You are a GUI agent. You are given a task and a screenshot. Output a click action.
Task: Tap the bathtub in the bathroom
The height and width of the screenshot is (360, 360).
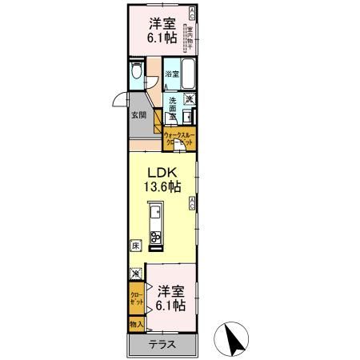pos(187,74)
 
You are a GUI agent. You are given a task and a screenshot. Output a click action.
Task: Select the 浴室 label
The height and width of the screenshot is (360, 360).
pos(171,74)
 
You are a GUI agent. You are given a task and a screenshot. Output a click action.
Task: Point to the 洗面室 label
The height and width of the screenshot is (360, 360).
pos(172,107)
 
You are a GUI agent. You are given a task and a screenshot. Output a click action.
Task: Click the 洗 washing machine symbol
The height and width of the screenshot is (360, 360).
pos(190,99)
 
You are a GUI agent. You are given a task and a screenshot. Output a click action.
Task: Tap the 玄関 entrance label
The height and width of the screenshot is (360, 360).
pos(138,115)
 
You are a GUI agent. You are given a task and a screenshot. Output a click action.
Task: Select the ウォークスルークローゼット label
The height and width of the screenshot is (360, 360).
pos(180,138)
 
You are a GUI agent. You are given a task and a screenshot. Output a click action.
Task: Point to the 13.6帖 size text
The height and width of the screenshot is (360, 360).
pos(162,187)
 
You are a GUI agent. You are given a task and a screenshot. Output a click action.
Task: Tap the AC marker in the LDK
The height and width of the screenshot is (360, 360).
pos(192,204)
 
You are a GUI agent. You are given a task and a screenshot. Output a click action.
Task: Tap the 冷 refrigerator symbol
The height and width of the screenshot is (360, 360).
pos(135,274)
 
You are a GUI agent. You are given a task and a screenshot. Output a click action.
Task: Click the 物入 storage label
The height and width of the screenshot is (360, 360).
pos(136,325)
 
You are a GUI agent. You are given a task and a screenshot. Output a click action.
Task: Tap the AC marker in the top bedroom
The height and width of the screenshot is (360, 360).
pos(192,12)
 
